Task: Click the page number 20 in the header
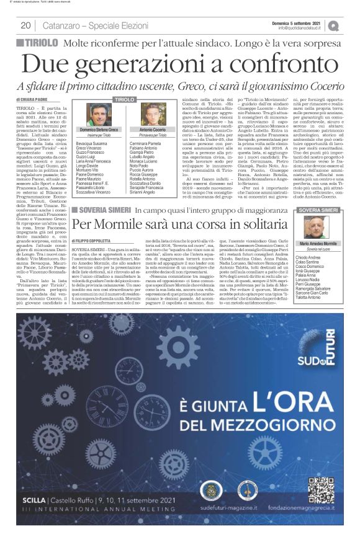25,25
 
